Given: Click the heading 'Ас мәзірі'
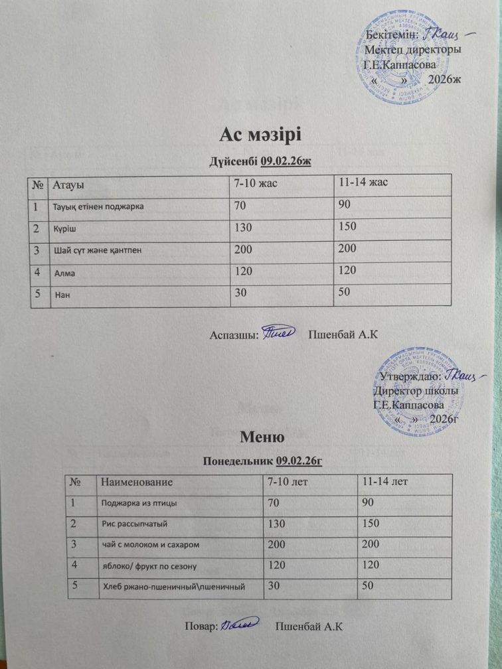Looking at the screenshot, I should (260, 135).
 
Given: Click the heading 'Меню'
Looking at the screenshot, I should (262, 437).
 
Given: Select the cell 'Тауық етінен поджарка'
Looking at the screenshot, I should (98, 206).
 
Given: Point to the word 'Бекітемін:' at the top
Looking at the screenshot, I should (392, 34).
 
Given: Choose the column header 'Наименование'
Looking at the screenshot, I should (137, 480).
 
